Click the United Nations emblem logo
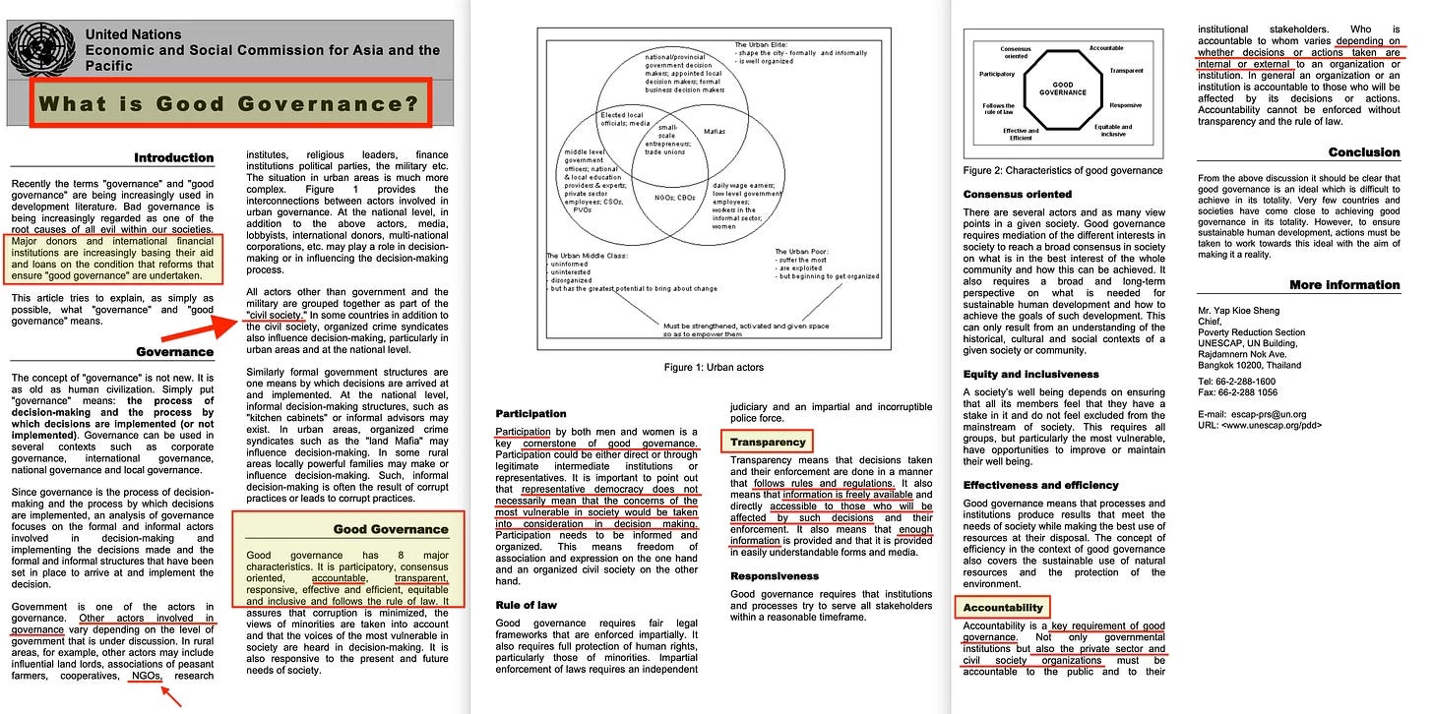[40, 47]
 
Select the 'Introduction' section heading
[174, 157]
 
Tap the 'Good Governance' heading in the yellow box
[391, 529]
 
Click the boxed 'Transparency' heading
[768, 443]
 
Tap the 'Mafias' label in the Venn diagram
[716, 130]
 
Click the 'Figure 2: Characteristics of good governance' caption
[1064, 170]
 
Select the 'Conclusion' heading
[1363, 152]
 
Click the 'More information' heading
[1344, 285]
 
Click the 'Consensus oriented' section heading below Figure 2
[1018, 195]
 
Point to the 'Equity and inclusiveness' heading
[1030, 375]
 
